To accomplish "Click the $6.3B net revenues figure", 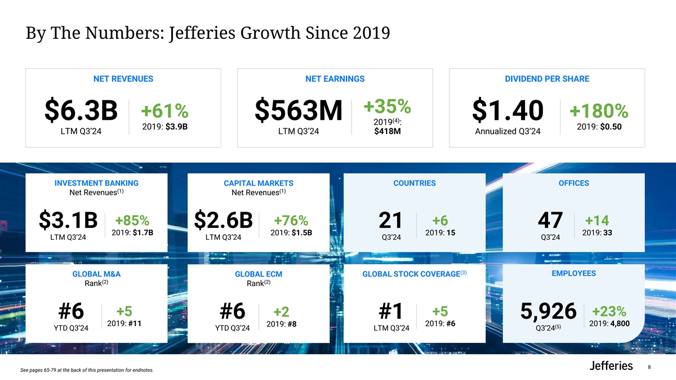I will click(x=81, y=111).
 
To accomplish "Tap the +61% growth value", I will click(x=164, y=111).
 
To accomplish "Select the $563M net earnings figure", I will click(x=299, y=111).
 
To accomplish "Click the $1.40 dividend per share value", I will click(x=508, y=111).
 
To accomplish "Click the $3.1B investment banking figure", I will click(x=68, y=221).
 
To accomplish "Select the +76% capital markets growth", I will click(x=291, y=220).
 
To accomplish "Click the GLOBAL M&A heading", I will click(x=97, y=274).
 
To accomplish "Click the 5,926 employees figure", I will click(x=549, y=311).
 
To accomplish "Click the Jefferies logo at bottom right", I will click(x=611, y=366).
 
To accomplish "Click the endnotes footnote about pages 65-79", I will click(x=86, y=370).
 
